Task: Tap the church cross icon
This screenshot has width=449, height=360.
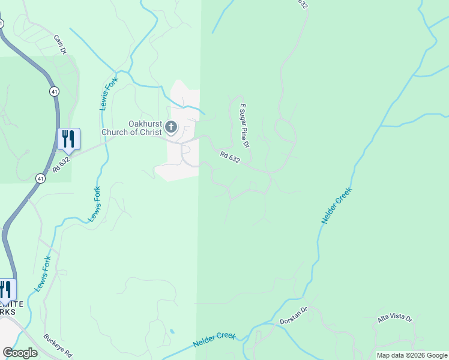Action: (171, 127)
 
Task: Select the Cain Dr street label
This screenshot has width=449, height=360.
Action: (59, 44)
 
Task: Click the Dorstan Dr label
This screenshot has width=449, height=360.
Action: (293, 317)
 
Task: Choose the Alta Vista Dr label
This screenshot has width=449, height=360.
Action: (395, 318)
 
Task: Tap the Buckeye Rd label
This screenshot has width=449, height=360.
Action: (58, 345)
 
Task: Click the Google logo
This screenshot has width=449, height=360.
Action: (20, 353)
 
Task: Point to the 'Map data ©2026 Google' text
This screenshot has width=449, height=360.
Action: (412, 355)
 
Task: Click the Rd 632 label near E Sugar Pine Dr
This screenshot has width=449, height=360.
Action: (230, 158)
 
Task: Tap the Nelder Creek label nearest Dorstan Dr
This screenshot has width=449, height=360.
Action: (214, 340)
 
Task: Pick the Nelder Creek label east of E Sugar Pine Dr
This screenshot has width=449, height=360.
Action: (336, 206)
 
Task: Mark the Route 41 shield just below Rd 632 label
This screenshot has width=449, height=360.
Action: (40, 178)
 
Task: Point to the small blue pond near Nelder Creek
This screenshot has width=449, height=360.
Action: (172, 331)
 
